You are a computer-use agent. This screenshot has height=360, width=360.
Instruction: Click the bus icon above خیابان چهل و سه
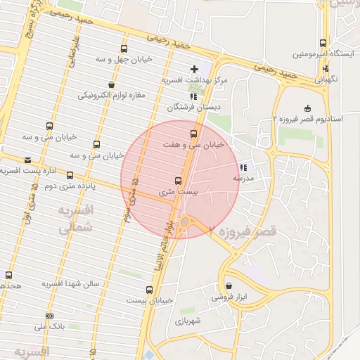pos(124,49)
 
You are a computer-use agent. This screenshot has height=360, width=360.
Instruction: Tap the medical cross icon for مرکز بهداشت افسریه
pos(195,70)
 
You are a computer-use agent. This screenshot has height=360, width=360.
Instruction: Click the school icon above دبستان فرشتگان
pos(193,97)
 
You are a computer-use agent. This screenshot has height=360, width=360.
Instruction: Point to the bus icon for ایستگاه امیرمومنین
pos(323,43)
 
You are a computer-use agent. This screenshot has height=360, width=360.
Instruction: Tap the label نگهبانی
pos(325,79)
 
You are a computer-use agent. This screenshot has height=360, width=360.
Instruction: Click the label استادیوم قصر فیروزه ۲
pos(308,119)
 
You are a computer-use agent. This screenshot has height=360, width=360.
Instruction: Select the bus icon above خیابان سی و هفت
pos(193,133)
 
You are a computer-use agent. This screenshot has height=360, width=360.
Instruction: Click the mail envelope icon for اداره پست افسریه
pos(27,160)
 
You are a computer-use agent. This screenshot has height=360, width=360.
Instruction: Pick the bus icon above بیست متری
pos(177,181)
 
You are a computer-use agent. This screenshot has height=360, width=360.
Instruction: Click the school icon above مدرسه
pos(243,167)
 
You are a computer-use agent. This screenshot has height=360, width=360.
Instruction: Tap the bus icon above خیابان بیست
pos(149,290)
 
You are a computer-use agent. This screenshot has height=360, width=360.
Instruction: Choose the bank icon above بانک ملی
pos(49,316)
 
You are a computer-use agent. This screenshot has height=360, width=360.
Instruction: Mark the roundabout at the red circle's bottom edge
pos(184,222)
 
